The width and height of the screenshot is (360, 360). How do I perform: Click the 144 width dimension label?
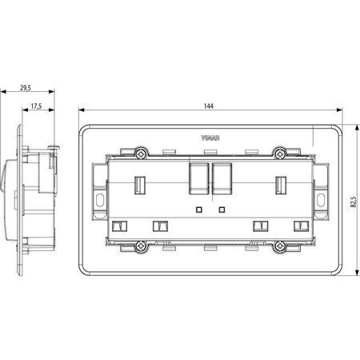[x=209, y=106]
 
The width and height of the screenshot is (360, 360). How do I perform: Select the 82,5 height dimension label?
[x=354, y=202]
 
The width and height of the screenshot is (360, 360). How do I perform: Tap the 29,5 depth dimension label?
[x=26, y=87]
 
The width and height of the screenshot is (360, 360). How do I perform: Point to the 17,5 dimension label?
[x=36, y=106]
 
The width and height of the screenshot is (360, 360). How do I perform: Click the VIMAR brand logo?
[x=210, y=138]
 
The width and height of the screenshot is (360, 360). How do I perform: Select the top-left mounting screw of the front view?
[x=141, y=154]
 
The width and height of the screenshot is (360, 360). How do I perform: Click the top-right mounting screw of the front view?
[x=279, y=154]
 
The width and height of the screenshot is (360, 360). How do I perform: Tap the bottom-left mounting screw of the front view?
[x=141, y=246]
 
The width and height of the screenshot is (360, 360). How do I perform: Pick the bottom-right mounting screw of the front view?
[x=279, y=246]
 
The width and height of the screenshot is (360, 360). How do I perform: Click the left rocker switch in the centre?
[x=199, y=178]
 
